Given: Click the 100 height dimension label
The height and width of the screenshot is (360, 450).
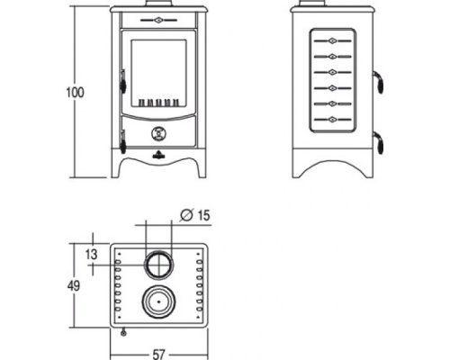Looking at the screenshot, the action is pyautogui.click(x=75, y=93).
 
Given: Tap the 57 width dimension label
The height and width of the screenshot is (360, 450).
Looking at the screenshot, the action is pyautogui.click(x=158, y=355).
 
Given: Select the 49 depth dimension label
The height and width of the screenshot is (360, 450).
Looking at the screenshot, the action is pyautogui.click(x=74, y=285).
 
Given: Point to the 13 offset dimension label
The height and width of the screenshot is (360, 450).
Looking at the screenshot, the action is pyautogui.click(x=92, y=255).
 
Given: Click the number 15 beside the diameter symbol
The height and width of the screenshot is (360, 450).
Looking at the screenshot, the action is pyautogui.click(x=203, y=215).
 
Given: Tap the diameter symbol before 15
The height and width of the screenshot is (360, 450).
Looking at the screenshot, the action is pyautogui.click(x=186, y=215).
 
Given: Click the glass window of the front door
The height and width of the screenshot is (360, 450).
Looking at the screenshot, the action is pyautogui.click(x=158, y=73).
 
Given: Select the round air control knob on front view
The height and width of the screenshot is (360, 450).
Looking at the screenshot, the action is pyautogui.click(x=158, y=133).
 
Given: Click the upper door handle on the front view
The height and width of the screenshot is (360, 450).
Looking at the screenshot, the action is pyautogui.click(x=122, y=82).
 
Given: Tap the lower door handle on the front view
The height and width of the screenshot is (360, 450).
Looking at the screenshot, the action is pyautogui.click(x=122, y=142).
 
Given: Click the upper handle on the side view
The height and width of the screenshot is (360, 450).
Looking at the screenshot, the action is pyautogui.click(x=379, y=82).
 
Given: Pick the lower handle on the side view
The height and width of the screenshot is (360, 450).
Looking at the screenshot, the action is pyautogui.click(x=379, y=143).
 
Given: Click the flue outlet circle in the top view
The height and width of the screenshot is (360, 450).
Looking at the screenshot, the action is pyautogui.click(x=158, y=265).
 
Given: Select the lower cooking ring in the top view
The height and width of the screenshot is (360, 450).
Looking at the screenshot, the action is pyautogui.click(x=158, y=301).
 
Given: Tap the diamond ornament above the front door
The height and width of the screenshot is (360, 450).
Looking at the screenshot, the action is pyautogui.click(x=158, y=21).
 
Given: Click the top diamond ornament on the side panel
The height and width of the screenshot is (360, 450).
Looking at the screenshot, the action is pyautogui.click(x=332, y=40).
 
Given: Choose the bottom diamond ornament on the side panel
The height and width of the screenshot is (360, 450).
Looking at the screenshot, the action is pyautogui.click(x=332, y=120).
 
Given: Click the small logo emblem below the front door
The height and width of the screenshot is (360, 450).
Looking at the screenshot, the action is pyautogui.click(x=158, y=155).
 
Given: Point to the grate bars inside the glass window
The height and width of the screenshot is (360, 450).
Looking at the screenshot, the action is pyautogui.click(x=158, y=103).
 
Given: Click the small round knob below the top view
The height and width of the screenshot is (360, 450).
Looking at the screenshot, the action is pyautogui.click(x=123, y=332).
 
